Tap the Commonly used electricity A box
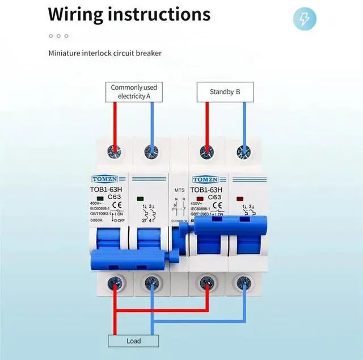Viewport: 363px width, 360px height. coord(134,91)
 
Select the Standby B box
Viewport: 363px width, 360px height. coord(225,91)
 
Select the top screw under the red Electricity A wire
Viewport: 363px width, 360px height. coord(115,151)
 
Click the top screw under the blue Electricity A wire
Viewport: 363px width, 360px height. coord(152,151)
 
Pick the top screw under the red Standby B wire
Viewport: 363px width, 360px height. coord(207,151)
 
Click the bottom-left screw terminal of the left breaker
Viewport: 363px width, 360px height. coord(115,281)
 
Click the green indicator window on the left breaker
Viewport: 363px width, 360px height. coord(140,199)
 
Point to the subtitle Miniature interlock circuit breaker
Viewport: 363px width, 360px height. coord(104,53)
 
